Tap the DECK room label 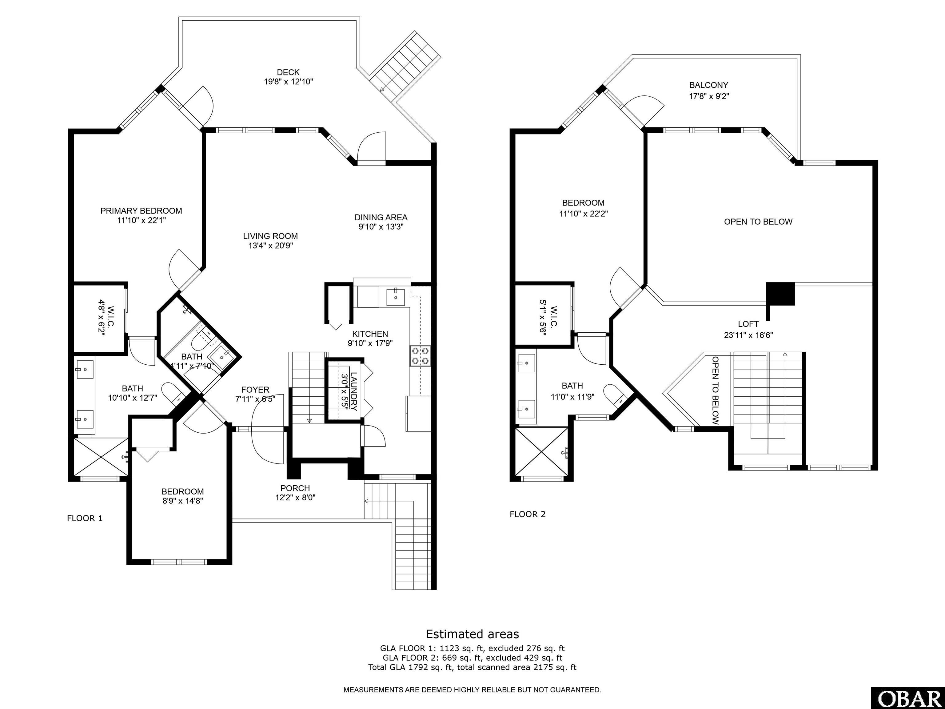[x=288, y=72]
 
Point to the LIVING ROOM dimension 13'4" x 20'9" [x=270, y=246]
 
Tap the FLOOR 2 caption [x=528, y=514]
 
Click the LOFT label [x=748, y=324]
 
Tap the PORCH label [x=295, y=488]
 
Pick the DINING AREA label [x=381, y=217]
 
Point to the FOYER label [x=255, y=390]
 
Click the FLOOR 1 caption [x=85, y=519]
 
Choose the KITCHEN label [x=370, y=334]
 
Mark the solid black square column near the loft [x=780, y=294]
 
